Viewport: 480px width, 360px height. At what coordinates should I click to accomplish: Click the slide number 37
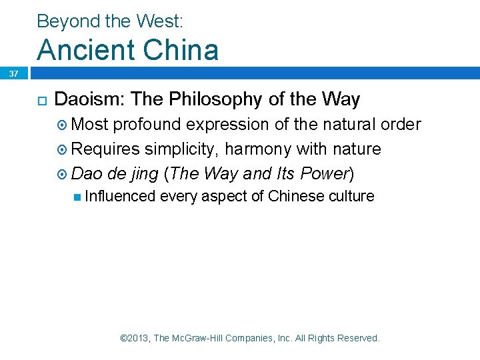(x=13, y=73)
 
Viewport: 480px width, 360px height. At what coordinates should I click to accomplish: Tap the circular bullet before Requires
(x=63, y=149)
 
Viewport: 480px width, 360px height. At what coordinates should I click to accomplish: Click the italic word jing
(x=144, y=174)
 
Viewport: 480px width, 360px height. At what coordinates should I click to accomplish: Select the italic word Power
(x=325, y=174)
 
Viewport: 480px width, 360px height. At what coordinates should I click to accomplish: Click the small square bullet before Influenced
(x=79, y=197)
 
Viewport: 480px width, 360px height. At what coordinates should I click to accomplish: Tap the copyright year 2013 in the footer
(x=138, y=339)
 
